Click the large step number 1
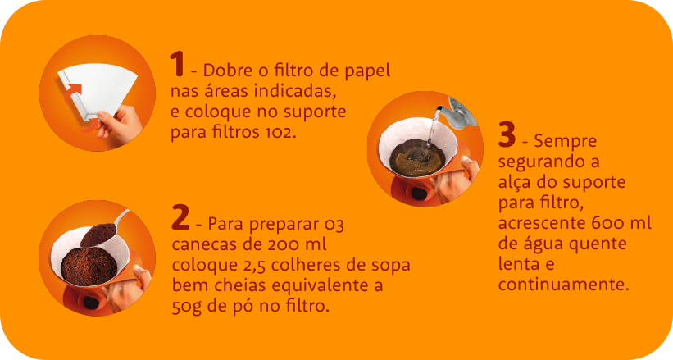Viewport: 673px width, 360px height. tap(177, 64)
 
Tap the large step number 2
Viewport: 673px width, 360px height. tap(180, 217)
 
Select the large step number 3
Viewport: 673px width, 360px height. tap(507, 134)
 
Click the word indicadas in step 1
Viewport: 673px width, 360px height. tap(293, 91)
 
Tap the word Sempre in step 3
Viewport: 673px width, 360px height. tap(566, 142)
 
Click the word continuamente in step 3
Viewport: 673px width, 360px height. tap(563, 285)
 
